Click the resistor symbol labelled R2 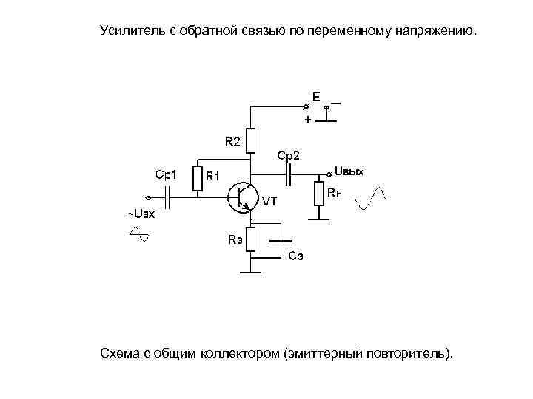(252, 140)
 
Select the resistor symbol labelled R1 (198, 178)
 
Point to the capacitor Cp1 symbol (170, 197)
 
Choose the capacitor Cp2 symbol (289, 174)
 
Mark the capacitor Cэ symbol (281, 242)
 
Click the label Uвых (349, 171)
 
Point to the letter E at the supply (316, 97)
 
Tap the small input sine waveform (138, 233)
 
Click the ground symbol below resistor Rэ (252, 273)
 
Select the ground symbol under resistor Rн (320, 219)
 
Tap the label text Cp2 (289, 155)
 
